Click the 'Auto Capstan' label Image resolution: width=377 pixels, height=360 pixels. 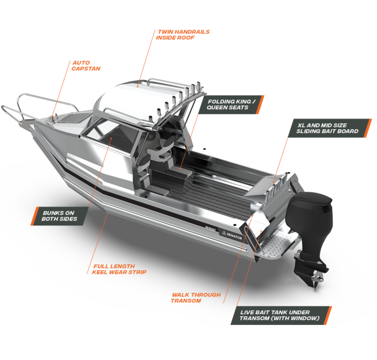pyautogui.click(x=86, y=66)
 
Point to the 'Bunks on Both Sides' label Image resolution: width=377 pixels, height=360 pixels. pyautogui.click(x=59, y=216)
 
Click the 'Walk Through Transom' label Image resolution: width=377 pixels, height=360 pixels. pyautogui.click(x=196, y=298)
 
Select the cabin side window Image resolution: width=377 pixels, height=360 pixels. pyautogui.click(x=108, y=135)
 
